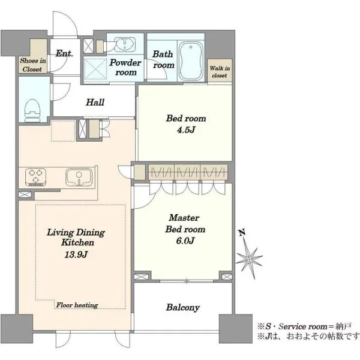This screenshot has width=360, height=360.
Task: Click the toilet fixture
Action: click(x=32, y=110)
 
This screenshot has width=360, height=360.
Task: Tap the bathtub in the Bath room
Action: click(x=191, y=61)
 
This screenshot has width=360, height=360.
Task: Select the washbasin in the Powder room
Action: click(x=125, y=44)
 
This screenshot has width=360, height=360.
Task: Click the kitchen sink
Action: click(x=79, y=177)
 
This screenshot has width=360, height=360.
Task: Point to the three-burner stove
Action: click(x=35, y=177)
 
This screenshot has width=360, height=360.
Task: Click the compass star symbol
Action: click(x=250, y=259)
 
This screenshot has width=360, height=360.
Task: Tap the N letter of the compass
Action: click(x=242, y=233)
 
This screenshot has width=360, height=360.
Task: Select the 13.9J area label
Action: click(x=76, y=254)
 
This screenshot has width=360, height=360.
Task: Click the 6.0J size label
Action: click(x=185, y=241)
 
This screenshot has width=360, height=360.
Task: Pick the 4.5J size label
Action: click(x=186, y=130)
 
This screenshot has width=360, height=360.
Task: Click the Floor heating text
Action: click(x=77, y=305)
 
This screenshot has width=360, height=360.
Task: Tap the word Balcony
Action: click(x=183, y=308)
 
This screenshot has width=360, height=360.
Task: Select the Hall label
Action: click(x=95, y=102)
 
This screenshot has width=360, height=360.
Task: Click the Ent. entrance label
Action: click(x=64, y=53)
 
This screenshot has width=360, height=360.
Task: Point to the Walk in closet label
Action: click(x=220, y=71)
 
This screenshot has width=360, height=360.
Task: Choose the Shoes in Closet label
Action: click(x=32, y=65)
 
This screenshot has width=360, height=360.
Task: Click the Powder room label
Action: click(x=125, y=67)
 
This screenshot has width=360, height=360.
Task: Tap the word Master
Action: click(x=184, y=218)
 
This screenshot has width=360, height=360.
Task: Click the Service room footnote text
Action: click(x=305, y=326)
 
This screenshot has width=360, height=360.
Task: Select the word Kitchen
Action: click(x=77, y=242)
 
